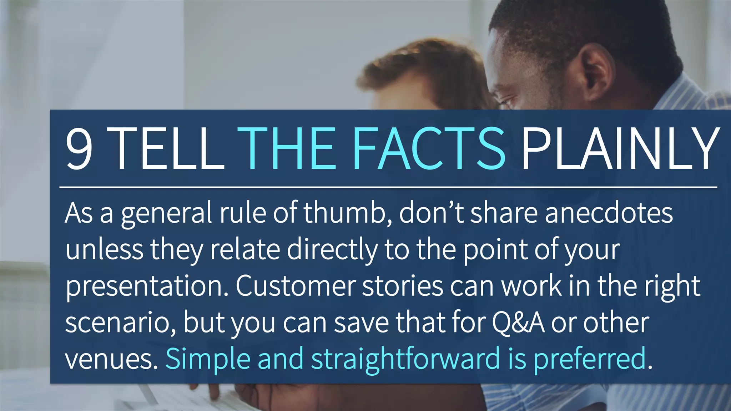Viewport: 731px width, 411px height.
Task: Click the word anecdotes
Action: [609, 213]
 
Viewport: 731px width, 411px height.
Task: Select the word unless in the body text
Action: [104, 249]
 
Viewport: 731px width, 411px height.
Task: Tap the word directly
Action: [332, 249]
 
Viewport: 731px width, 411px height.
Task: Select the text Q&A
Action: [518, 323]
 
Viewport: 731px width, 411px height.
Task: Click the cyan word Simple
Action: [208, 359]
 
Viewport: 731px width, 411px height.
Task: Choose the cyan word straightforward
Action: [405, 359]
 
